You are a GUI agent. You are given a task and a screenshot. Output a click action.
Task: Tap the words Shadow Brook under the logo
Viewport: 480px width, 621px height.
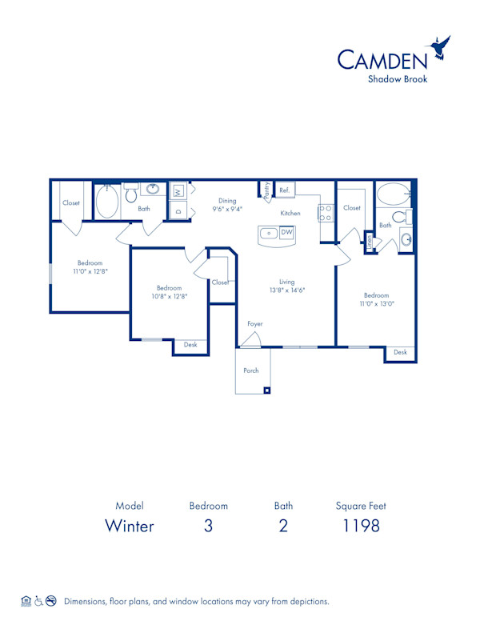pyautogui.click(x=398, y=78)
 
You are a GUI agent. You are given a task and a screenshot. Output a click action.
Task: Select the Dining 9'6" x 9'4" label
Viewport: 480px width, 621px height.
pyautogui.click(x=227, y=205)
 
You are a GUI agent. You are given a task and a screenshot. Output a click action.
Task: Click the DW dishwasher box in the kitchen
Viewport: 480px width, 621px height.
pyautogui.click(x=286, y=233)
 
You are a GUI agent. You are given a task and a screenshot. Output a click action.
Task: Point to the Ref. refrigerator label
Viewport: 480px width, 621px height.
pyautogui.click(x=284, y=190)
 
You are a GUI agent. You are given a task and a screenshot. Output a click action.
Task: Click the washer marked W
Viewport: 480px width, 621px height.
pyautogui.click(x=178, y=191)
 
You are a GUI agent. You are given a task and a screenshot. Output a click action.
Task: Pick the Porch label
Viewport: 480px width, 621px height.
pyautogui.click(x=251, y=371)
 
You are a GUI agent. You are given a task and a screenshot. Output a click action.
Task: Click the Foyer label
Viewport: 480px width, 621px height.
pyautogui.click(x=254, y=324)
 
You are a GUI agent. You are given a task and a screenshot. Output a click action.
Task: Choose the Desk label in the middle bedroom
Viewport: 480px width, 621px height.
pyautogui.click(x=190, y=345)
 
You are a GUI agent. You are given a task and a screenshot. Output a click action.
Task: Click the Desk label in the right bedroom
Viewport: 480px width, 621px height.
pyautogui.click(x=400, y=352)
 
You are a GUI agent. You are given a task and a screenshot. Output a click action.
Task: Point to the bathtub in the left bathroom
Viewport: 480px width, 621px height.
pyautogui.click(x=107, y=202)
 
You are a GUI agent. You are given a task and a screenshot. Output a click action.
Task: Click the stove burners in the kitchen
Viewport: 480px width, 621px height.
pyautogui.click(x=326, y=213)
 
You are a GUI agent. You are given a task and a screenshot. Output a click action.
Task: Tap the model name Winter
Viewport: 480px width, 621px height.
pyautogui.click(x=130, y=526)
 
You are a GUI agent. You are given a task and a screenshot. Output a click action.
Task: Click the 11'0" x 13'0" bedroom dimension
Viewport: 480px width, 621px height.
pyautogui.click(x=376, y=304)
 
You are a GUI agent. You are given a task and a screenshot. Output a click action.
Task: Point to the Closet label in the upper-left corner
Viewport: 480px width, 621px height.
pyautogui.click(x=71, y=203)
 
